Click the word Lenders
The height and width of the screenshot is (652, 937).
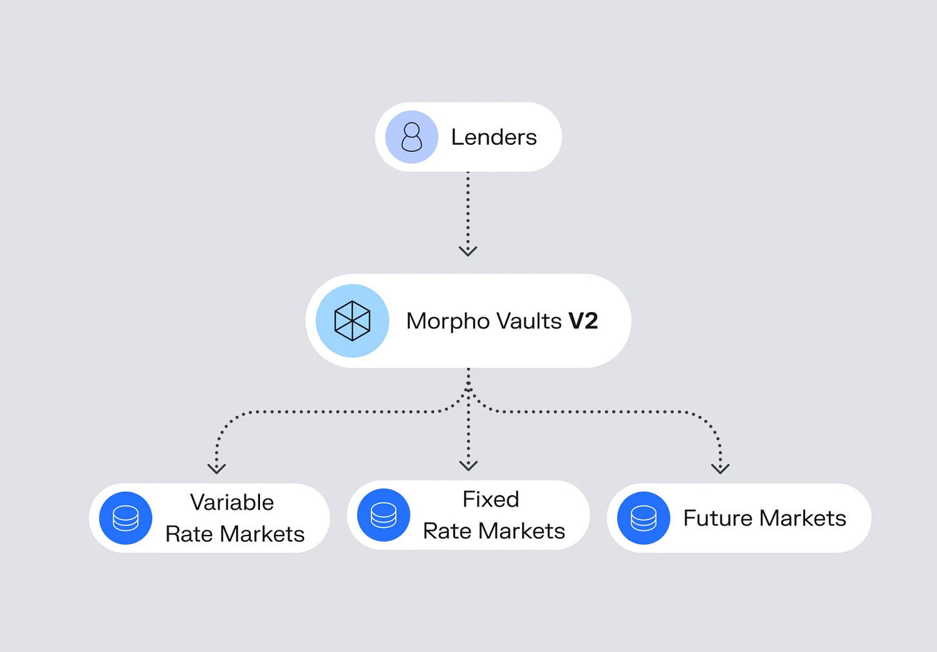click(494, 137)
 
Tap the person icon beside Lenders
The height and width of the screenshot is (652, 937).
click(411, 137)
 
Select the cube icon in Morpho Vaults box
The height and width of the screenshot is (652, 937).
click(352, 321)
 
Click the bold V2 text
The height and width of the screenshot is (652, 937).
click(583, 321)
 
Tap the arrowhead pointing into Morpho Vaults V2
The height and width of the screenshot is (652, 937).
click(468, 250)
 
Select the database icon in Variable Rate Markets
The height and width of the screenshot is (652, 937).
click(125, 518)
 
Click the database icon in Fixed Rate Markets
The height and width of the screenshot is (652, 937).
click(384, 515)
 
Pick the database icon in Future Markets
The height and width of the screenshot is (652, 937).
click(644, 518)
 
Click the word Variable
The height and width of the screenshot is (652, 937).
click(232, 502)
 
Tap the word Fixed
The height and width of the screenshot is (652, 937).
click(490, 499)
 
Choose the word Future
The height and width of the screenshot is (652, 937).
click(718, 518)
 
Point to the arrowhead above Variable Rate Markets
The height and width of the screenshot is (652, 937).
click(216, 468)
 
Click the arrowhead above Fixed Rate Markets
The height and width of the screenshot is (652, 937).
click(469, 465)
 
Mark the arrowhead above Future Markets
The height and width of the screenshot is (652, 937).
click(720, 468)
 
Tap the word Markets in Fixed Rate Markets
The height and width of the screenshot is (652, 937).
click(521, 531)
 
